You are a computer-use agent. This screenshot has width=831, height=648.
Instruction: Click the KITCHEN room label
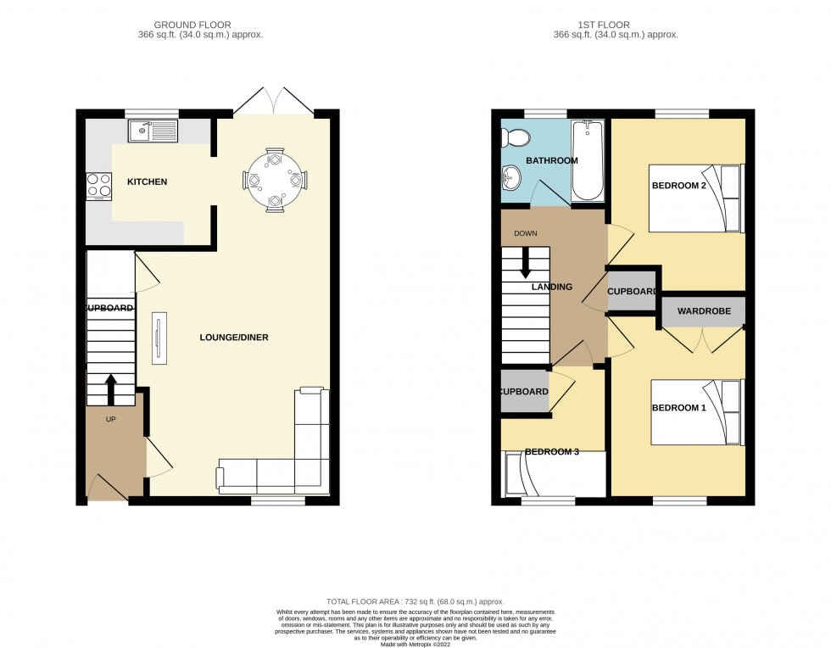click(x=147, y=182)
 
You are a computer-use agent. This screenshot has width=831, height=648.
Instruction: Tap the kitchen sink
click(x=153, y=131)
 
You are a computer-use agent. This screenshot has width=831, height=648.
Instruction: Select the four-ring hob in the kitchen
click(x=99, y=185)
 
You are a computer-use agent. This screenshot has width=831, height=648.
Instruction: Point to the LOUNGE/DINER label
click(x=234, y=338)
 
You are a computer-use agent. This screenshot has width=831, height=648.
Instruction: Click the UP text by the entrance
click(x=110, y=419)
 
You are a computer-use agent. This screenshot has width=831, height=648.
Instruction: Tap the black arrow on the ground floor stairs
click(x=111, y=388)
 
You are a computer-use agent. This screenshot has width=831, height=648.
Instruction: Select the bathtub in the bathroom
click(x=587, y=159)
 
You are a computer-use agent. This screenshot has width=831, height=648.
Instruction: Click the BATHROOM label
click(x=551, y=160)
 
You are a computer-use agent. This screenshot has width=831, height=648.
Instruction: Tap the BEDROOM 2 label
click(x=678, y=185)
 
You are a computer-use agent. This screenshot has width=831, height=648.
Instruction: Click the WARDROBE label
click(x=703, y=311)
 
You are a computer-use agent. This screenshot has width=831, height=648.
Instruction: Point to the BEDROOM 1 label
click(x=678, y=408)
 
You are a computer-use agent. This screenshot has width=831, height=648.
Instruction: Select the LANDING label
click(x=551, y=287)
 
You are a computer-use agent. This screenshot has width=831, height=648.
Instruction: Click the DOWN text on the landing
click(x=526, y=233)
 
